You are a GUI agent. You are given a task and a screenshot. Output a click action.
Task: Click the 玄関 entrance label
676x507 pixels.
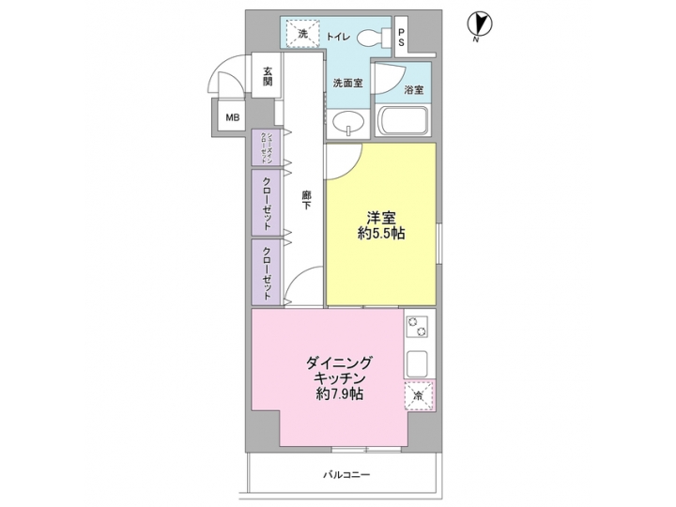point(268,76)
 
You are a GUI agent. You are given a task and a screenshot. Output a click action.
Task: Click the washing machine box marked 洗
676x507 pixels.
point(302,33)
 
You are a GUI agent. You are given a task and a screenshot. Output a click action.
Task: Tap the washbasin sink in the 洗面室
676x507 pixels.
point(349,122)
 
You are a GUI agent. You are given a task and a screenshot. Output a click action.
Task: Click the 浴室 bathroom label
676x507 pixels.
point(413,90)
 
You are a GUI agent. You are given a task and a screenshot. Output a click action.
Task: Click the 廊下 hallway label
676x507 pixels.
point(306,207)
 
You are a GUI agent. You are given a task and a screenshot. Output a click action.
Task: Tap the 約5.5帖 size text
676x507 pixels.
point(380,233)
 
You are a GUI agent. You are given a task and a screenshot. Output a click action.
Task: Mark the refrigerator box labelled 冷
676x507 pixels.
point(419,397)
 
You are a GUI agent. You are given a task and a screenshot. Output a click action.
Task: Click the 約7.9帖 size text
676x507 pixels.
point(339,394)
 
